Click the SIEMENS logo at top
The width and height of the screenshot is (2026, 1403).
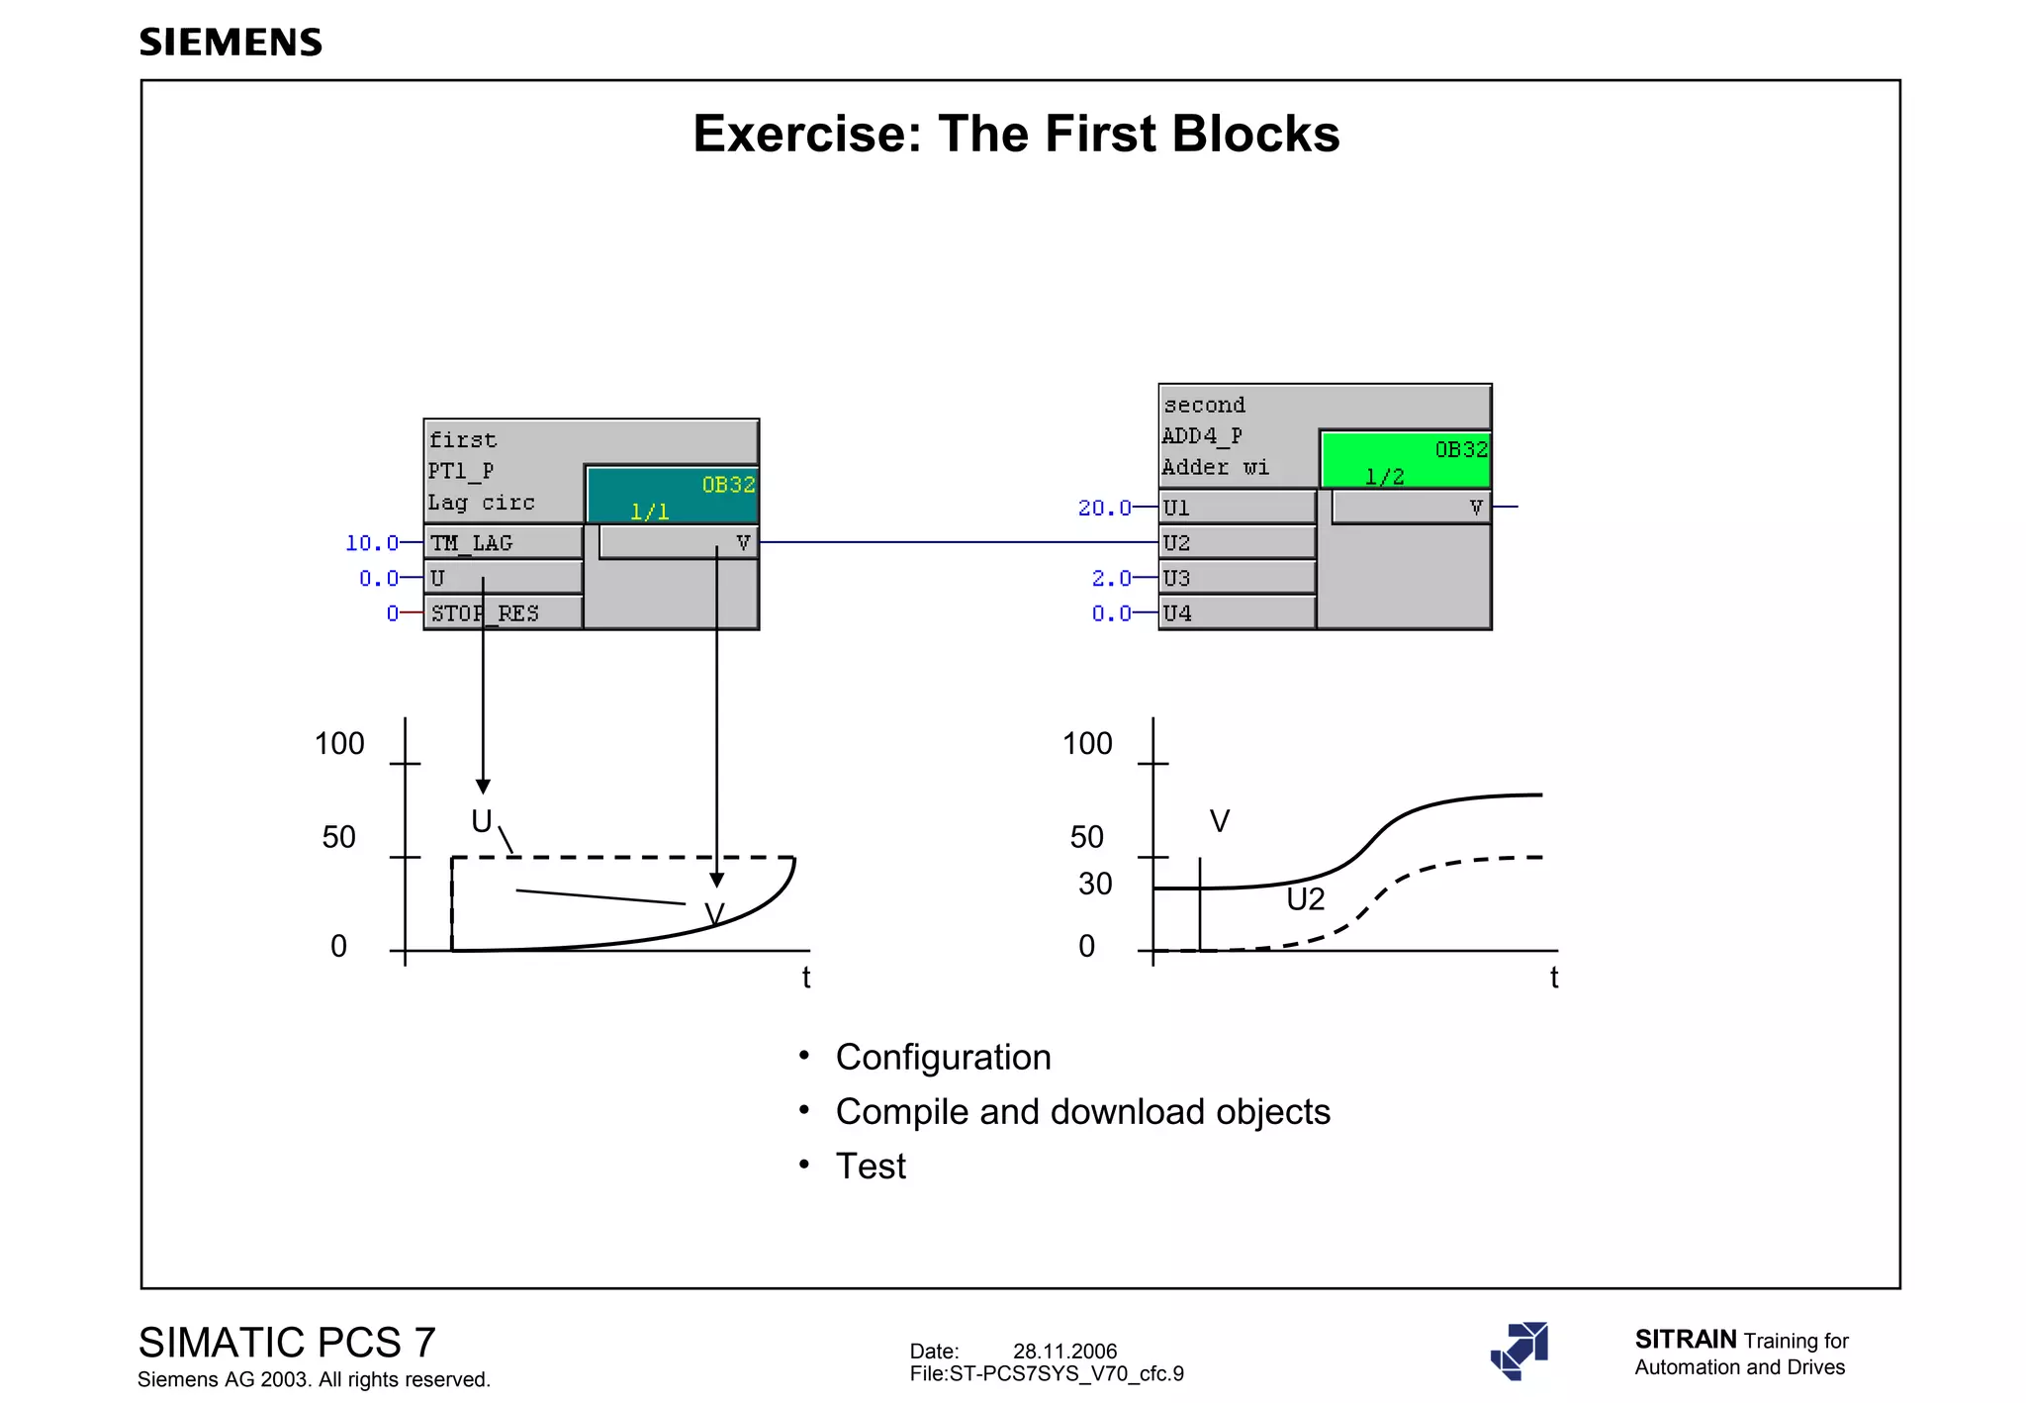coord(230,43)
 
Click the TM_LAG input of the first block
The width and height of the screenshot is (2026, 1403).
coord(503,542)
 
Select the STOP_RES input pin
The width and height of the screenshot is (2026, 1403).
coord(503,613)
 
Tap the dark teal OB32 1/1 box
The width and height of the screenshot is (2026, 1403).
coord(673,495)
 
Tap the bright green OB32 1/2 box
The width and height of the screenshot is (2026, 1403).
coord(1405,460)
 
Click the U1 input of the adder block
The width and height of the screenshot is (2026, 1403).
coord(1237,508)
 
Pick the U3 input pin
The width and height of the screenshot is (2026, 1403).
coord(1237,578)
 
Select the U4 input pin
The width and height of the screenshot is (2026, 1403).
coord(1237,613)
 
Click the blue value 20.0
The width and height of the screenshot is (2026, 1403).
coord(1104,508)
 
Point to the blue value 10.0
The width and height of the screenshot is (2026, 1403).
coord(371,543)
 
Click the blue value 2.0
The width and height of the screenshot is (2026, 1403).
coord(1111,578)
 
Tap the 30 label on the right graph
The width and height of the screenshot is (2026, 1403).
coord(1095,884)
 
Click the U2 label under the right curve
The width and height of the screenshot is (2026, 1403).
coord(1305,899)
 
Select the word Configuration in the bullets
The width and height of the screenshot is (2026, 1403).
coord(943,1058)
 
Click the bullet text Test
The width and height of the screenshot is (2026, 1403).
coord(871,1167)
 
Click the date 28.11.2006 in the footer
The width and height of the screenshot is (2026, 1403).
coord(1064,1352)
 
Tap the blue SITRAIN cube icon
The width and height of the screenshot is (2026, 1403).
coord(1519,1351)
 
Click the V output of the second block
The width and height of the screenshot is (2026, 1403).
coord(1475,508)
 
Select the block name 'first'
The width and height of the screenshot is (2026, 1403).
coord(463,440)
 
